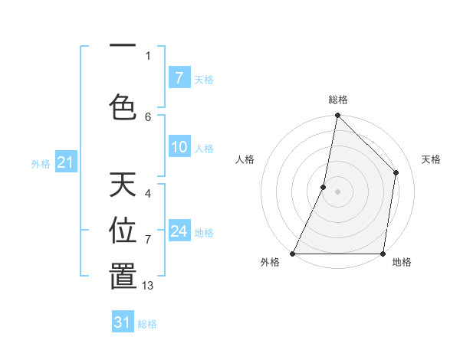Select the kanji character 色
coord(123,106)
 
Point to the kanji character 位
coord(123,230)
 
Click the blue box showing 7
coord(179,78)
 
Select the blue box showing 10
coord(179,148)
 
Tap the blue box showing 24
coord(179,231)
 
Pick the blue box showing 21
coord(65,162)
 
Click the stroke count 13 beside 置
coord(148,286)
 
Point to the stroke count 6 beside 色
coord(148,116)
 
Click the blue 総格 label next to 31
coord(147,324)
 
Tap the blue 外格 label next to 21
coord(41,164)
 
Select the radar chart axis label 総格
coord(337,100)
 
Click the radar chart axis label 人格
coord(245,159)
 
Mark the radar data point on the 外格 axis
coord(293,254)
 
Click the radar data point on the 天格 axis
coord(396,172)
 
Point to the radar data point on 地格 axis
coord(383,254)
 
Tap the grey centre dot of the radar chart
coord(337,191)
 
